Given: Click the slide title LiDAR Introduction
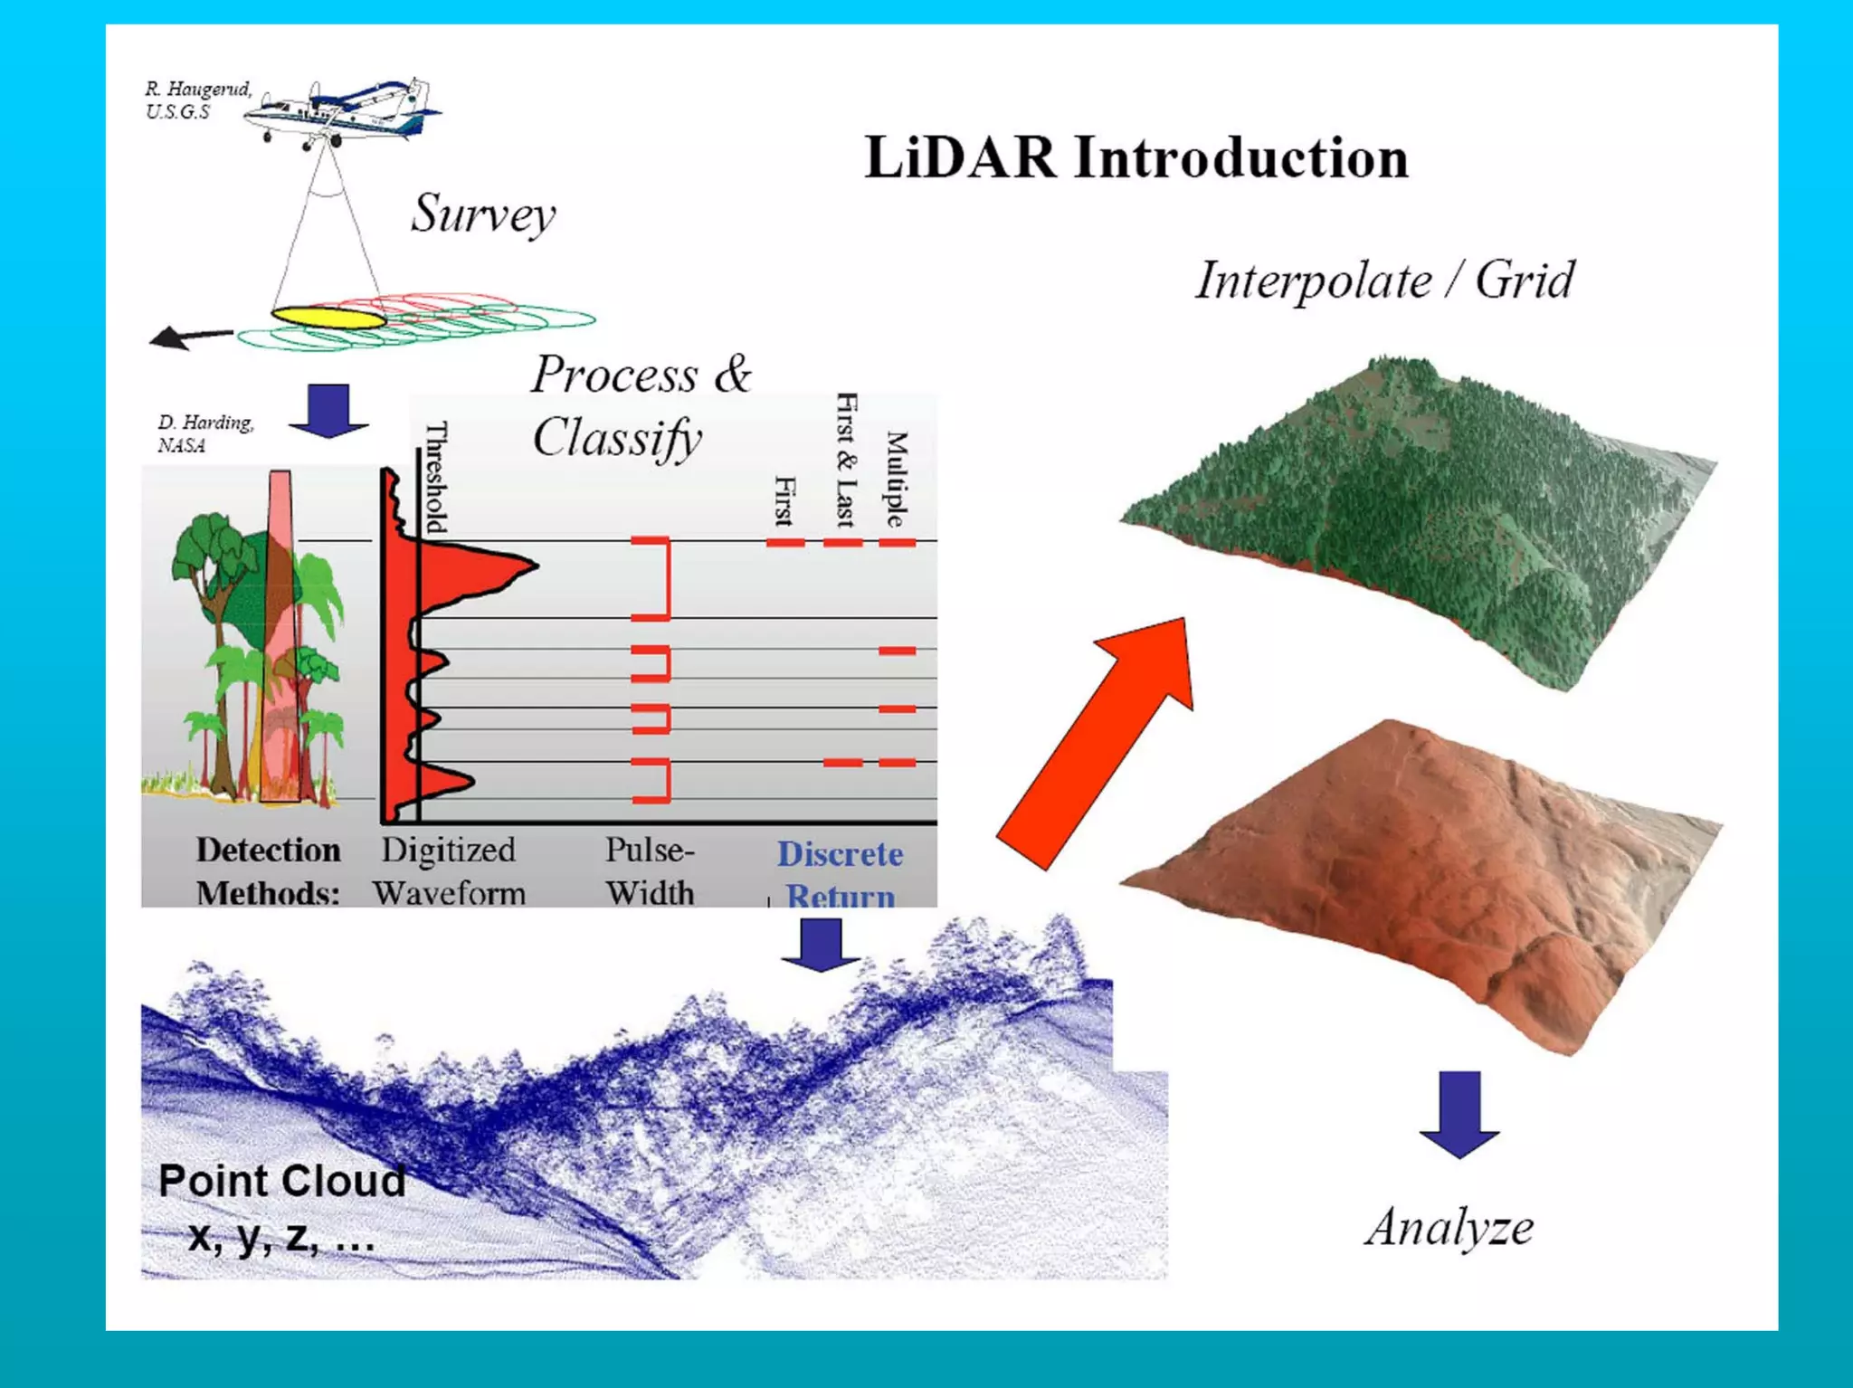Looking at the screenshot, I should (1136, 158).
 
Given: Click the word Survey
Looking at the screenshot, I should (483, 214).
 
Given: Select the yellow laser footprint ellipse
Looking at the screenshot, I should (328, 318).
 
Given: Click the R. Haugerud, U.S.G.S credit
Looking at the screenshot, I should (197, 100).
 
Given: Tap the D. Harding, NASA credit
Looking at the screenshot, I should (205, 433).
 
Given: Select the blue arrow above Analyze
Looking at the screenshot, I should (1459, 1114).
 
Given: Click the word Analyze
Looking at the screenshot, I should (1449, 1228).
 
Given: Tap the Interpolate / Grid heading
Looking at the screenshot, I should (1384, 280).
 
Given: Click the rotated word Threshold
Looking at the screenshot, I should (436, 477).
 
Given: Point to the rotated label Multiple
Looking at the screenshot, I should (895, 479).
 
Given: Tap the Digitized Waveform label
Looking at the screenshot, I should (449, 871).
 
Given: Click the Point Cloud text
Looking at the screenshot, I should (281, 1182).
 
